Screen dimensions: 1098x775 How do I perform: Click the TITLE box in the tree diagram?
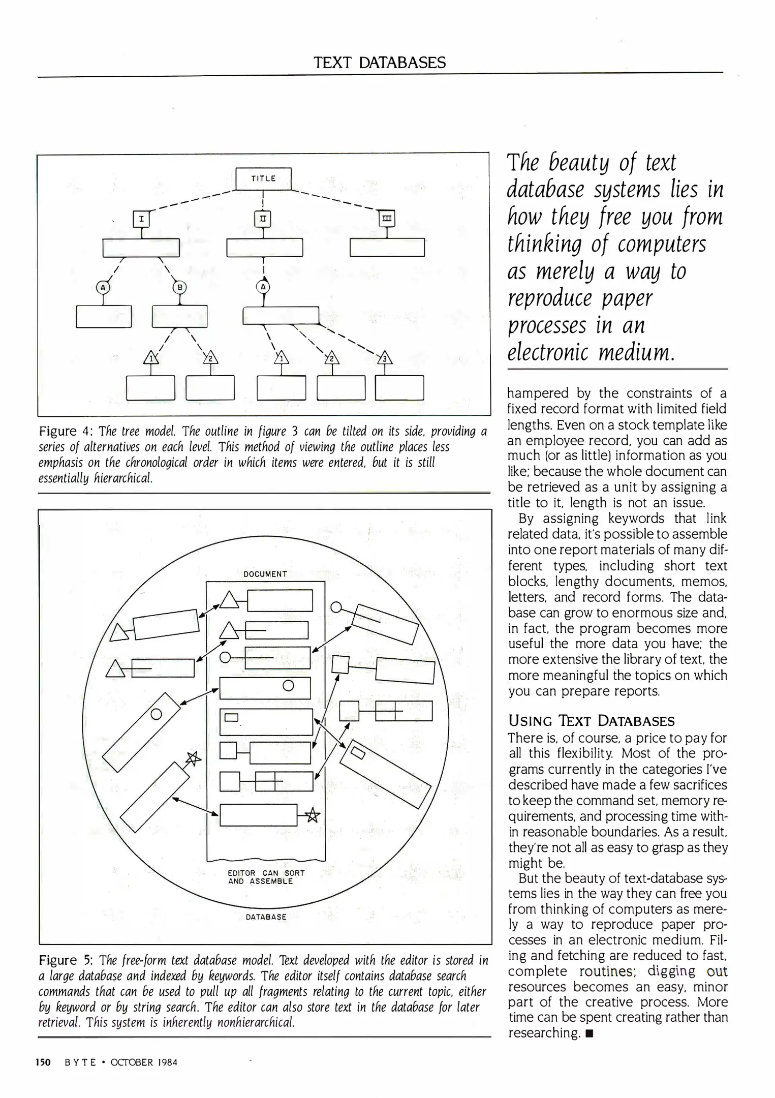[x=263, y=178]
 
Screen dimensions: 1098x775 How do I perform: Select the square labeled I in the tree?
[x=141, y=219]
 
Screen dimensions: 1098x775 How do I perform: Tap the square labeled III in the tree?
[x=387, y=219]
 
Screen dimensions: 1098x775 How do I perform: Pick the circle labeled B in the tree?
[x=179, y=287]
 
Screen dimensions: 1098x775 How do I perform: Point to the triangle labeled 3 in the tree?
[x=385, y=358]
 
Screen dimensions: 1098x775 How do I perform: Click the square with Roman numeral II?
[x=263, y=219]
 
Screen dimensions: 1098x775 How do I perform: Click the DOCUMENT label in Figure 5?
[x=265, y=574]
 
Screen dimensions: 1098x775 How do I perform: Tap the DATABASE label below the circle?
[x=266, y=917]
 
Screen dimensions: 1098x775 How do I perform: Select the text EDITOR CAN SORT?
[x=266, y=873]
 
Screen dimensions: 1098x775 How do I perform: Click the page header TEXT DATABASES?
[x=380, y=63]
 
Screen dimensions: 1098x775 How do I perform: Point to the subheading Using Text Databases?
[x=592, y=721]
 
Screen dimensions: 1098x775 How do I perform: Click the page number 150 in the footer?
[x=43, y=1062]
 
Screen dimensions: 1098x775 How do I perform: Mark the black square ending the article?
[x=589, y=1033]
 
